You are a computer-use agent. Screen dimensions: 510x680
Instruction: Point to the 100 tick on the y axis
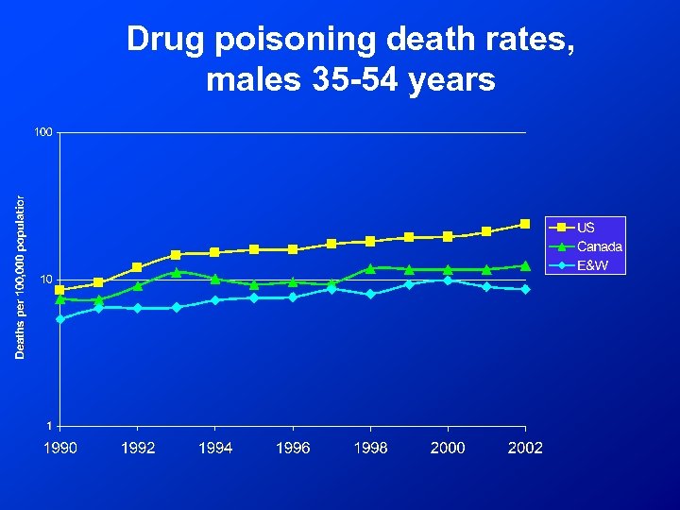pos(42,132)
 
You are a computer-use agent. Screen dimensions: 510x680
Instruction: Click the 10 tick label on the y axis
pos(45,280)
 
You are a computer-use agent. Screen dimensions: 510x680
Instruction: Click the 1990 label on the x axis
pos(60,448)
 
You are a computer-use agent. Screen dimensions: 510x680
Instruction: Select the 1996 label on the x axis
pos(293,448)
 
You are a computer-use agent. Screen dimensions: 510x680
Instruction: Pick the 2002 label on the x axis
pos(525,448)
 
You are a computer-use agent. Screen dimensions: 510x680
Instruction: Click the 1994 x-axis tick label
pos(215,448)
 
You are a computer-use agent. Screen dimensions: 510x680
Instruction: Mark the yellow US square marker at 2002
pos(525,224)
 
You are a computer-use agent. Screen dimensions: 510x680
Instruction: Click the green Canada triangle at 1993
pos(177,272)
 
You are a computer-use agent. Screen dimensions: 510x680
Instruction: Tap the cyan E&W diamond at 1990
pos(60,319)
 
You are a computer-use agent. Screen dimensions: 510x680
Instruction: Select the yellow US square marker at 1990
pos(60,290)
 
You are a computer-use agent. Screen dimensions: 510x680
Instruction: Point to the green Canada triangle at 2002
pos(525,265)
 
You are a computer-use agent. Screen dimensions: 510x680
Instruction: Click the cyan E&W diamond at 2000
pos(448,280)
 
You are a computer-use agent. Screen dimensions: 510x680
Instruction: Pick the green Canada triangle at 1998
pos(370,268)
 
